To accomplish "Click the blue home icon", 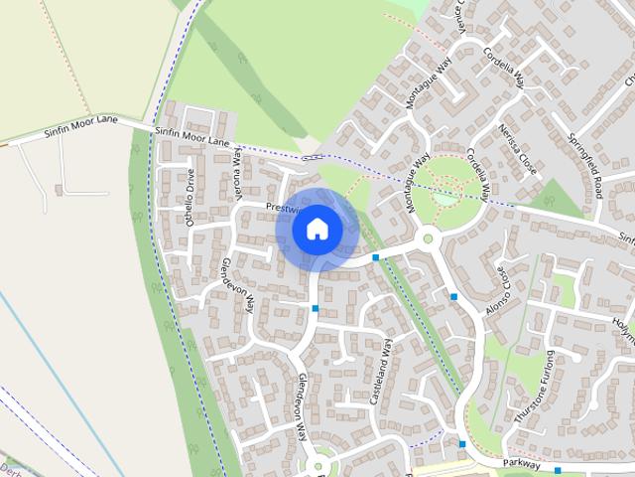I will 317,229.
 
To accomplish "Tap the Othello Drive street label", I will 190,198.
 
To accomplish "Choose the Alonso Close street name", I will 504,287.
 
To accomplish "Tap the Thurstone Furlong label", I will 534,395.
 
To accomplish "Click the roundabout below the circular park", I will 429,238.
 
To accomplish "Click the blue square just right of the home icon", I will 376,257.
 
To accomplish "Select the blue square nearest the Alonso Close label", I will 453,296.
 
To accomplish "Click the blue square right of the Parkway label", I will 558,469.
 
